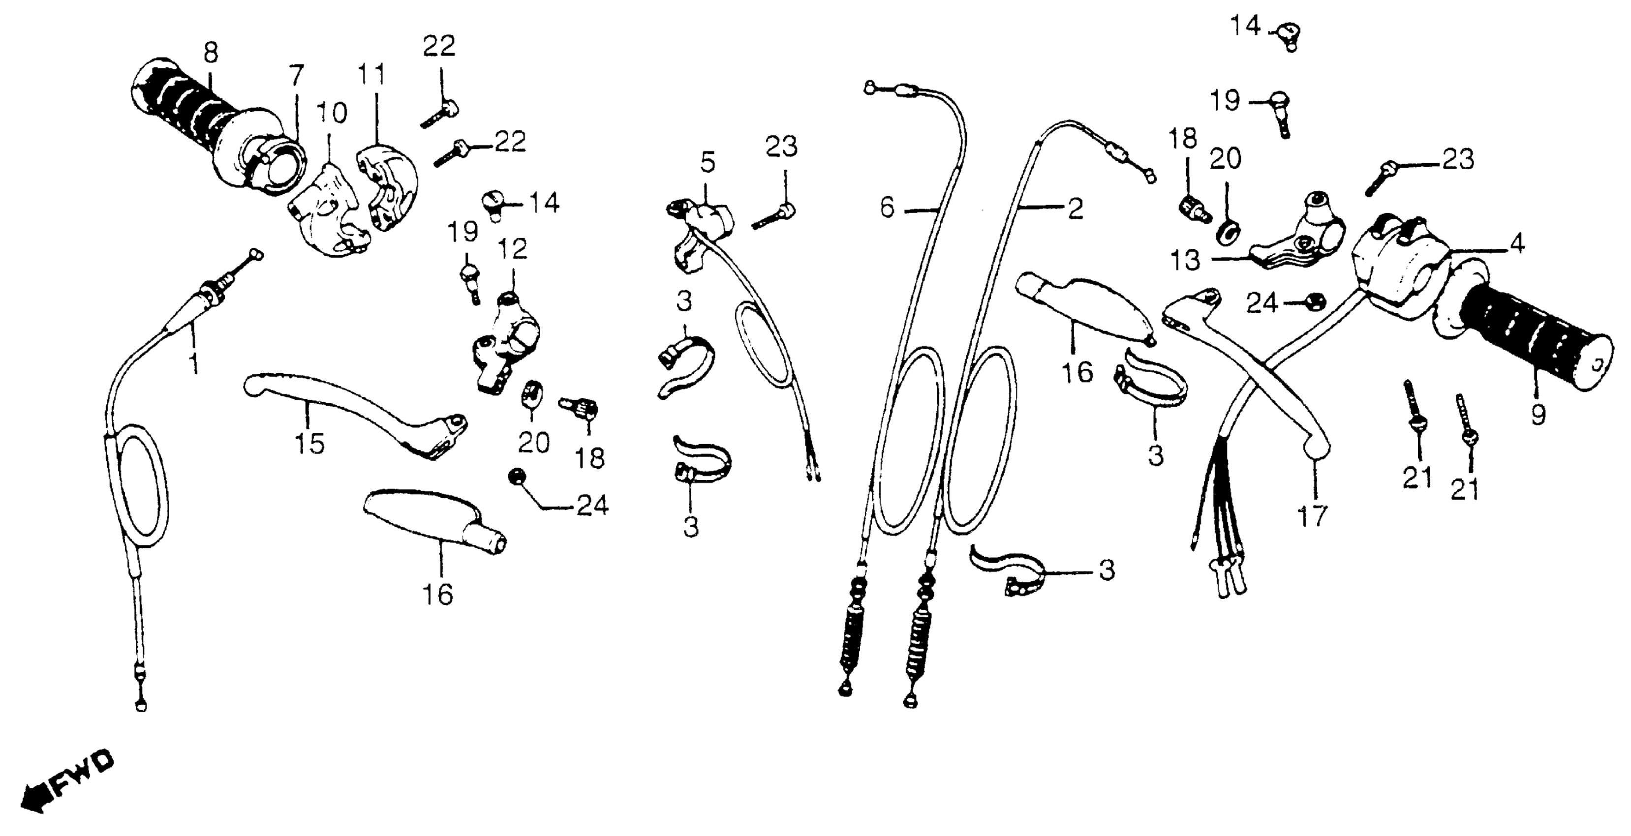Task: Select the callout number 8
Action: click(211, 53)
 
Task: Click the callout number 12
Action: click(512, 249)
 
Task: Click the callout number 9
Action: click(1538, 415)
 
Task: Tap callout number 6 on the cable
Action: click(888, 208)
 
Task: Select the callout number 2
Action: click(1075, 209)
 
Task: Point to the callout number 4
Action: click(1517, 243)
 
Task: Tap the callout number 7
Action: click(296, 75)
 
